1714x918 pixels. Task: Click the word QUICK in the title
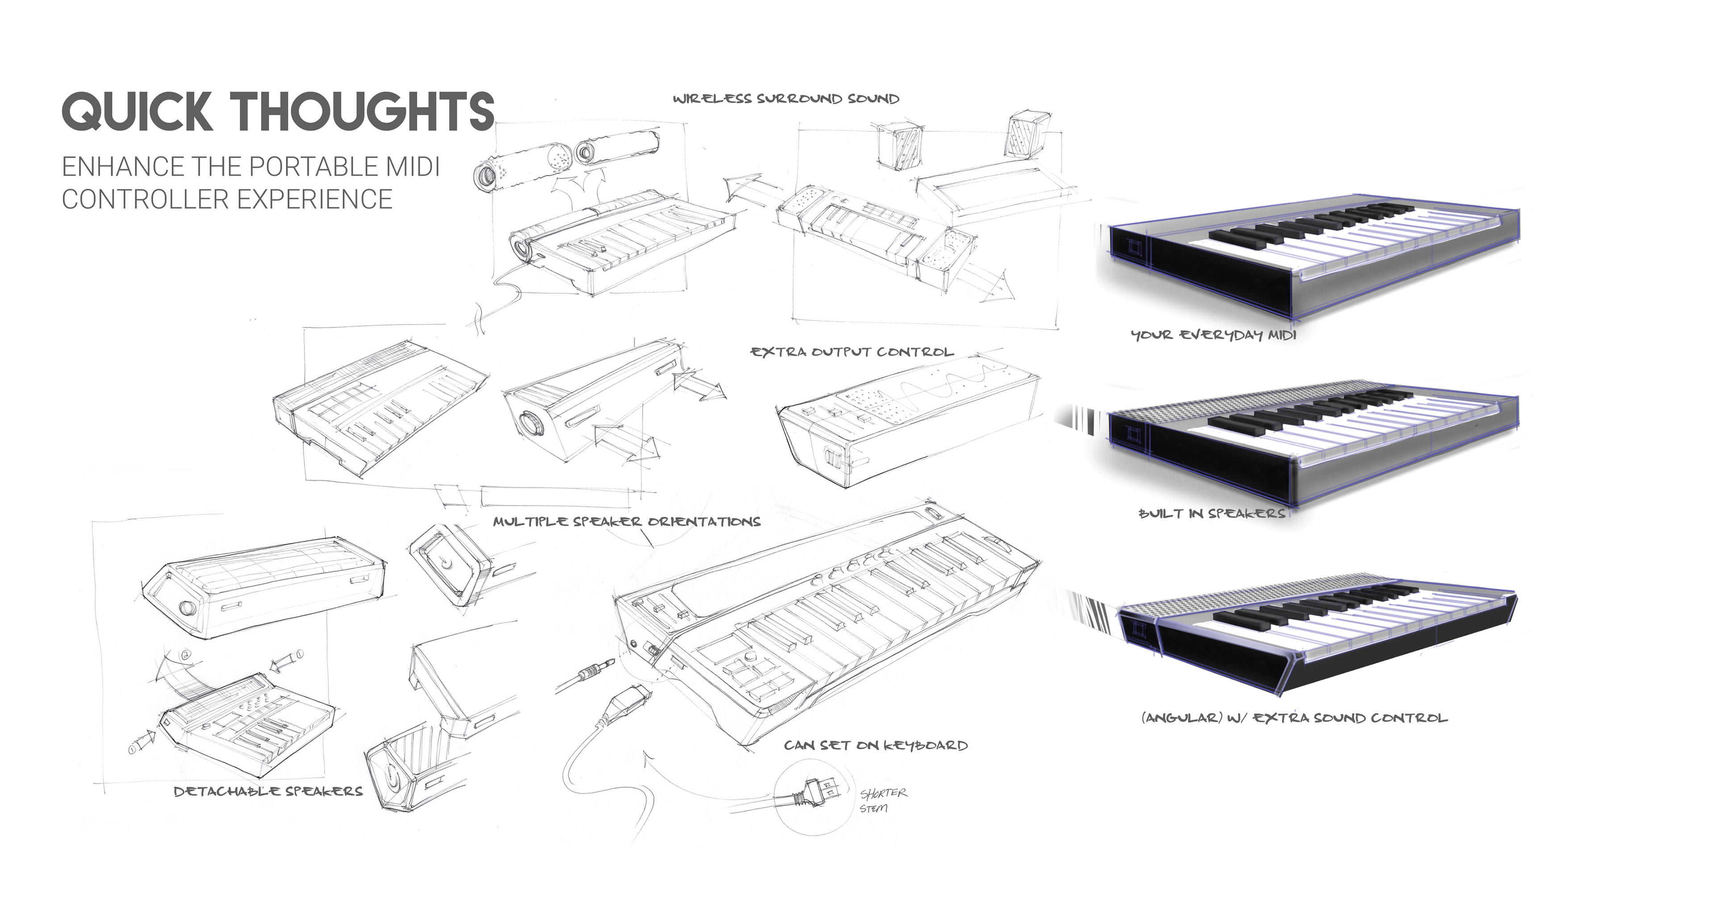point(137,111)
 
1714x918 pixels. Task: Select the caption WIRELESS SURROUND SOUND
point(785,99)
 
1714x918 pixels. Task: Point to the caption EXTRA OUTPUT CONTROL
point(852,352)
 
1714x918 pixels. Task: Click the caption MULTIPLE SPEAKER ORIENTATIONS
point(626,522)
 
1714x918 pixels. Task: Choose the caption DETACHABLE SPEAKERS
point(268,791)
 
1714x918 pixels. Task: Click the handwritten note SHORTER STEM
point(882,800)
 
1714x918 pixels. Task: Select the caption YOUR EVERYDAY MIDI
point(1214,335)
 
